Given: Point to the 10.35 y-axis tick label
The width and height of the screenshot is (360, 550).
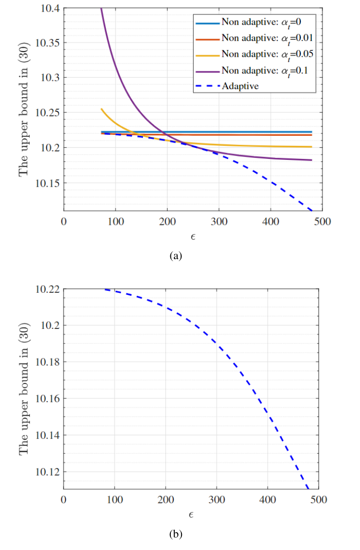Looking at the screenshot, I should click(x=47, y=43).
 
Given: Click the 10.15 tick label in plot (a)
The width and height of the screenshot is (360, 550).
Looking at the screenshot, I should click(x=47, y=183).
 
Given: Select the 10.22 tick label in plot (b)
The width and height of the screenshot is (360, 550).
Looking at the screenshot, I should click(x=47, y=289).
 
